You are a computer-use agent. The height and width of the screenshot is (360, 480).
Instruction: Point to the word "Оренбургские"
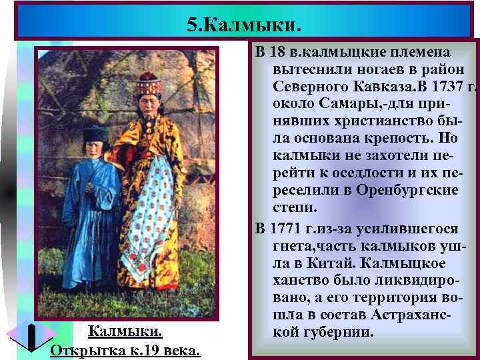coord(406,191)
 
